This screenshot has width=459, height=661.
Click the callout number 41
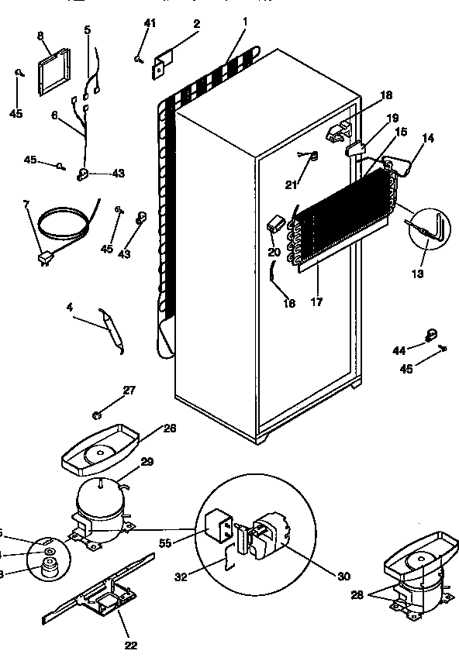(150, 23)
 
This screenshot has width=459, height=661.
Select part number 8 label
(41, 36)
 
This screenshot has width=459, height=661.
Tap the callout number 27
(129, 390)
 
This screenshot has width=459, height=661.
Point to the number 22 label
(130, 644)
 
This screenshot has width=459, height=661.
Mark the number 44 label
(399, 351)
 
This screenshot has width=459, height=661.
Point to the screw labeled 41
(138, 57)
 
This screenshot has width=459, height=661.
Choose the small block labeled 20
(274, 224)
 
